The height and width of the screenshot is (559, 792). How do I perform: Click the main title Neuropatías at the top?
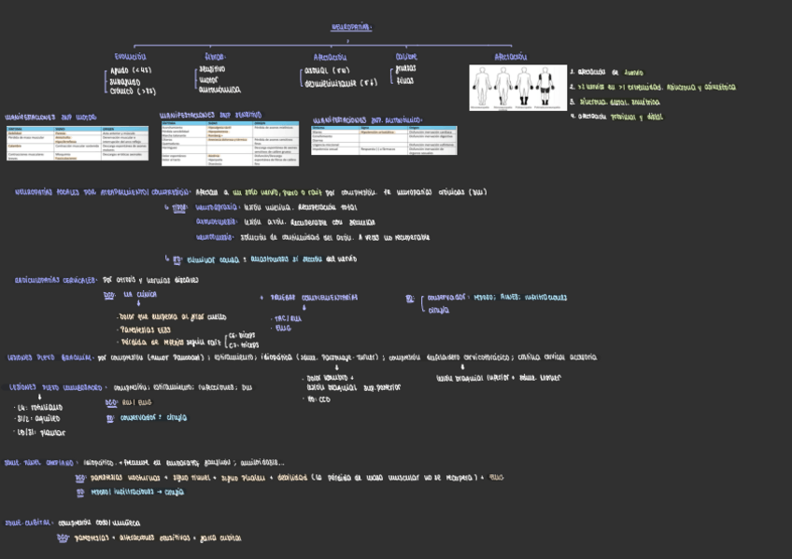click(351, 27)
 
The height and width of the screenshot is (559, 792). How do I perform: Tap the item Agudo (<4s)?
click(131, 70)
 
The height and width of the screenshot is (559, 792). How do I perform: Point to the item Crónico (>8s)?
click(133, 91)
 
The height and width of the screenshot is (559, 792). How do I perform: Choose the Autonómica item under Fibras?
click(220, 91)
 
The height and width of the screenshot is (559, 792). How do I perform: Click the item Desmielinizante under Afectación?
click(341, 83)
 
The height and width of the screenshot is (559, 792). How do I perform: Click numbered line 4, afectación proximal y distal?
click(617, 117)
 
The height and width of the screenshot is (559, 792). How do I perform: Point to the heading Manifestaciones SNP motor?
click(50, 118)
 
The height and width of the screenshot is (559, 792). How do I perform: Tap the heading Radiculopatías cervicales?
click(56, 279)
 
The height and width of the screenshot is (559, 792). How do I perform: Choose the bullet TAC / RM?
click(288, 318)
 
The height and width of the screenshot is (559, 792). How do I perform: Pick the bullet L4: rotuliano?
click(39, 408)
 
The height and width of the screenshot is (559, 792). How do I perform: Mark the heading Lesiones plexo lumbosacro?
click(56, 386)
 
